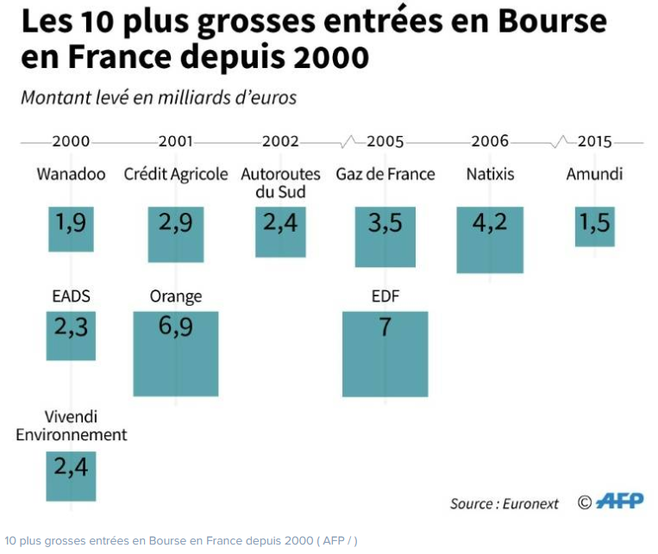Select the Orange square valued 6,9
(176, 353)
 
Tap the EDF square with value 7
(385, 353)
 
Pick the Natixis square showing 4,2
(490, 240)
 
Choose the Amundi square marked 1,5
(595, 227)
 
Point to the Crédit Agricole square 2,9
(176, 233)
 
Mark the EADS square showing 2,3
(71, 335)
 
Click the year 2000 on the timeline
(71, 141)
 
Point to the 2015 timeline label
(595, 141)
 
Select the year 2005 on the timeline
(385, 141)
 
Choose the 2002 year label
(280, 141)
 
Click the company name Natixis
(489, 174)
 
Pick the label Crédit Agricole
(176, 174)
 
